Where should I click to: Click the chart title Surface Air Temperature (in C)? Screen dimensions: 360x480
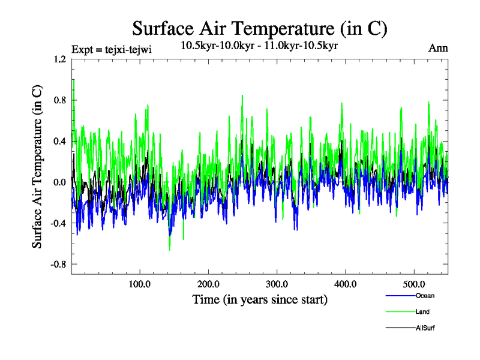(260, 28)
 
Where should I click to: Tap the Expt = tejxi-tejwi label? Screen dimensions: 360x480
(111, 49)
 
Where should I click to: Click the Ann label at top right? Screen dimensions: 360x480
(438, 48)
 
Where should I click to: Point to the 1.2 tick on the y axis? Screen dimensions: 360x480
(59, 59)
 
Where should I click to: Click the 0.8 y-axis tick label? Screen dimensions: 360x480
(59, 100)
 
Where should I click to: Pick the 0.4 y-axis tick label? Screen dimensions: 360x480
(59, 142)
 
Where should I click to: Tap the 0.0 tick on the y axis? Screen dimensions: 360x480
(59, 182)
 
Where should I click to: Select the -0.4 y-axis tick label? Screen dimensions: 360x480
(57, 223)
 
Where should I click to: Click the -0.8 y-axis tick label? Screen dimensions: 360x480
(57, 264)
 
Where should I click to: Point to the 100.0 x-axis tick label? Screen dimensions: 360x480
(140, 284)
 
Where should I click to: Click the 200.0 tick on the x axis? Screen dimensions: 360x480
(208, 284)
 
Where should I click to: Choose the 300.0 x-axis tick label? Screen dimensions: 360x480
(277, 284)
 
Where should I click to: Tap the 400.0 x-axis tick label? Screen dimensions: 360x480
(346, 284)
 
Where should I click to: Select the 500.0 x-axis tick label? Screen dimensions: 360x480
(415, 284)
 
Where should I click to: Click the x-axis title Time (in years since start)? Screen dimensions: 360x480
(259, 299)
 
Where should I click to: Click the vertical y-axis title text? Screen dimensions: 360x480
(37, 167)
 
